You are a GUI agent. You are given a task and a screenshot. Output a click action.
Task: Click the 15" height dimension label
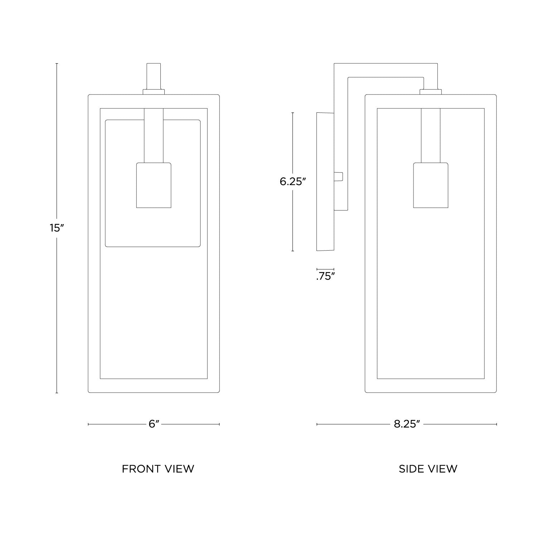[x=57, y=228]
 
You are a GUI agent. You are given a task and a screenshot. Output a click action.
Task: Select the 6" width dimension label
[x=154, y=424]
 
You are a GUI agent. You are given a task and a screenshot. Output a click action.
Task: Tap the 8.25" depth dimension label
[x=406, y=424]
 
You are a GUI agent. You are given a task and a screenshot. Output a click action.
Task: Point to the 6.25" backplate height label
[x=292, y=182]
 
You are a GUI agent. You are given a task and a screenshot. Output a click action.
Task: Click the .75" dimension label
[x=325, y=276]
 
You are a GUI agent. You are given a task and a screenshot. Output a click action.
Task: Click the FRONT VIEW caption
[x=158, y=469]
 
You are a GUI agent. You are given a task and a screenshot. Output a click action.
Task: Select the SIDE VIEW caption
[x=428, y=469]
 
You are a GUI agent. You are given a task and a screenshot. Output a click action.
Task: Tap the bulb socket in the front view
[x=154, y=185]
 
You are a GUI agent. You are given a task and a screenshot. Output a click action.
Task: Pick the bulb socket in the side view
[x=430, y=185]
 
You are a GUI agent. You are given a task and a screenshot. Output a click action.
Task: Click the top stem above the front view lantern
[x=154, y=76]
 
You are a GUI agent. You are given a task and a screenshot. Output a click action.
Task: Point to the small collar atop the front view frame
[x=154, y=92]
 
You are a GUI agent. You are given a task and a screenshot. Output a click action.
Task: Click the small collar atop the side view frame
[x=430, y=92]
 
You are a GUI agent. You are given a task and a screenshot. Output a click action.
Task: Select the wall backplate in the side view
[x=325, y=182]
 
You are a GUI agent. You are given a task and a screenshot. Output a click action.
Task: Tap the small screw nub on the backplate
[x=338, y=176]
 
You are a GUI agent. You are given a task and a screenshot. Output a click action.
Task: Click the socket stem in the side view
[x=430, y=135]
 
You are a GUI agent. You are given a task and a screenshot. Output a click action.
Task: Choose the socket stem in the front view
[x=154, y=135]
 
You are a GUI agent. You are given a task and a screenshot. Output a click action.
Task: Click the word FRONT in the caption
[x=138, y=469]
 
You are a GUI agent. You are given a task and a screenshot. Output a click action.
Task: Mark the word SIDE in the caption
[x=411, y=469]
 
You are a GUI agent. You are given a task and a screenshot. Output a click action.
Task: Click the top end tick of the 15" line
[x=57, y=63]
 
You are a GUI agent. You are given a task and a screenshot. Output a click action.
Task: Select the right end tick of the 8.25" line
[x=496, y=424]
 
